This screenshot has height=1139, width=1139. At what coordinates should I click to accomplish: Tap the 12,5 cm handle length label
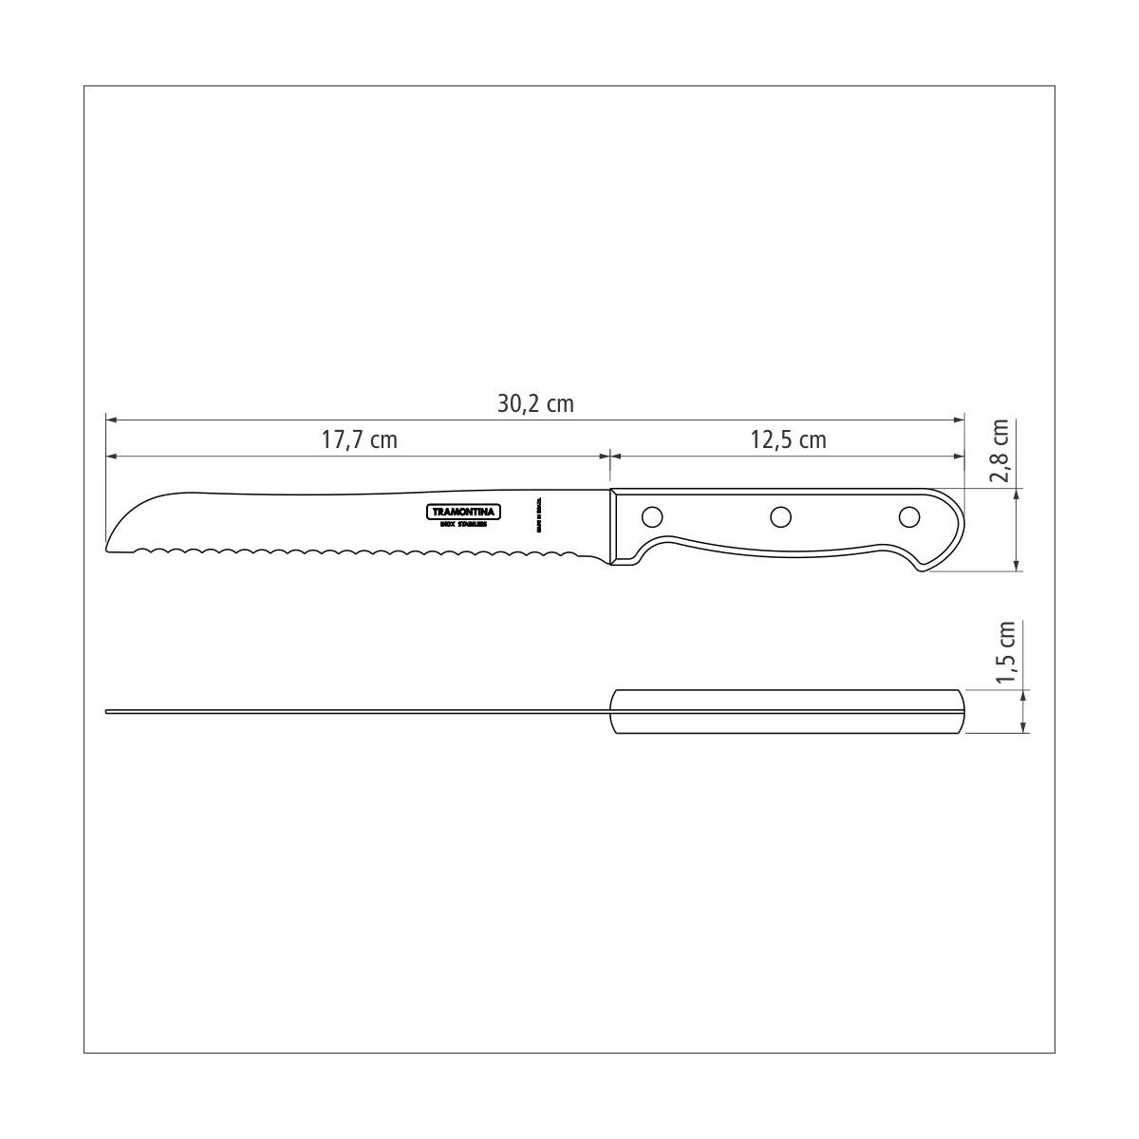(x=788, y=439)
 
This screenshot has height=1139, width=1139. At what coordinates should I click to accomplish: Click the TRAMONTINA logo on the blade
(x=462, y=511)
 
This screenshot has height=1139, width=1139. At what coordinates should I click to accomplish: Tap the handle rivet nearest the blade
(x=652, y=516)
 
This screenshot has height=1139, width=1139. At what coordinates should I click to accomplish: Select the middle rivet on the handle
(x=780, y=516)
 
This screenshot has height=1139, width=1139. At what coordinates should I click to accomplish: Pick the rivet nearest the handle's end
(x=908, y=516)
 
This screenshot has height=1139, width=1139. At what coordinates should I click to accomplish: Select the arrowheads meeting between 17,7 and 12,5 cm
(x=608, y=457)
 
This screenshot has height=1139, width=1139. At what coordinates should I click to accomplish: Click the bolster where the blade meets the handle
(x=615, y=528)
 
